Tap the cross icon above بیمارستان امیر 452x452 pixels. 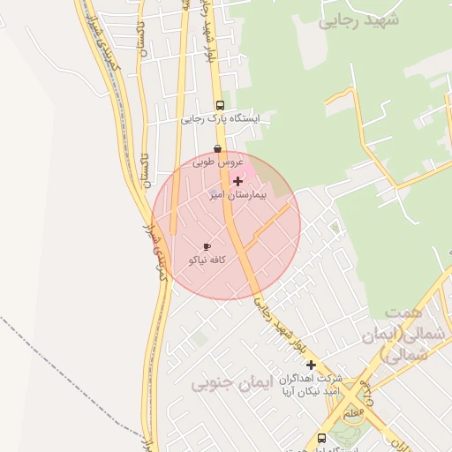coord(237,181)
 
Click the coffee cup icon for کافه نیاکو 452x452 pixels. coord(207,247)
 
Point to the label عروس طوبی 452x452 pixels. coord(217,162)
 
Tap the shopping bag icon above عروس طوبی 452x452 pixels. coord(217,148)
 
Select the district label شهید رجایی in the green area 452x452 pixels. coord(358,19)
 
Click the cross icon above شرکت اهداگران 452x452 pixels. coord(311,365)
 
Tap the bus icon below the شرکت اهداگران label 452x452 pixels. coord(321,437)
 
